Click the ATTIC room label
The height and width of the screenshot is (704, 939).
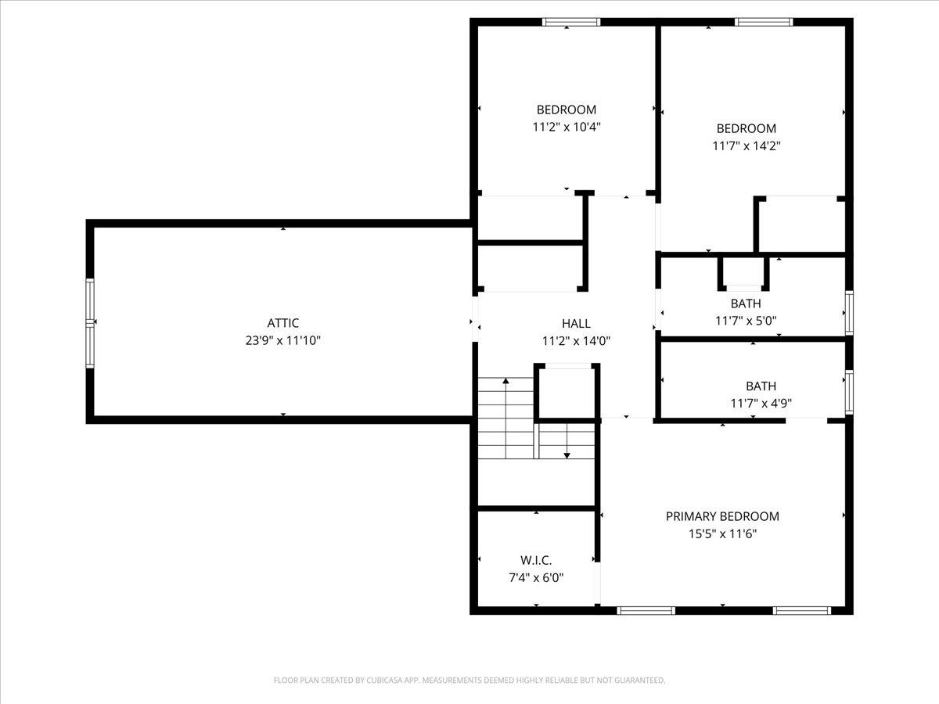(283, 323)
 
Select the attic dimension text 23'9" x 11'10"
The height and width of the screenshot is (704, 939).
(283, 341)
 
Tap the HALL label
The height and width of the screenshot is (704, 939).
(576, 323)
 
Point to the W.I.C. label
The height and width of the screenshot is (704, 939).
(536, 560)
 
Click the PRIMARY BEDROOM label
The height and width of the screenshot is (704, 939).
(722, 516)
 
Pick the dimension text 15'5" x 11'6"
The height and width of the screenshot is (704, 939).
(722, 534)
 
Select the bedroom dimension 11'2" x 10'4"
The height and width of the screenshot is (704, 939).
(566, 128)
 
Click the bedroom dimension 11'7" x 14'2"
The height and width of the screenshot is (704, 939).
(747, 146)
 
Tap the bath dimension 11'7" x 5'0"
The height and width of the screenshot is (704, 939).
(746, 321)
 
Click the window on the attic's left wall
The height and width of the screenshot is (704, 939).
(90, 323)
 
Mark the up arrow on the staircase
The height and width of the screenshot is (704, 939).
(506, 382)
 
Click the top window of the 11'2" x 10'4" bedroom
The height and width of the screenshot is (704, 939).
(572, 22)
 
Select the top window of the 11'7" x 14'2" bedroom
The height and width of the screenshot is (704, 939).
(764, 22)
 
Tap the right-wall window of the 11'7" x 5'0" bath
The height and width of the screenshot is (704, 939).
(849, 313)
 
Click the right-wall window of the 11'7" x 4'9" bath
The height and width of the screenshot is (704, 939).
(849, 391)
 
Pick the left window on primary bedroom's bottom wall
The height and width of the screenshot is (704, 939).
(646, 610)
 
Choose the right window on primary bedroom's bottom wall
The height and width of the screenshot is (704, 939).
(801, 610)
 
